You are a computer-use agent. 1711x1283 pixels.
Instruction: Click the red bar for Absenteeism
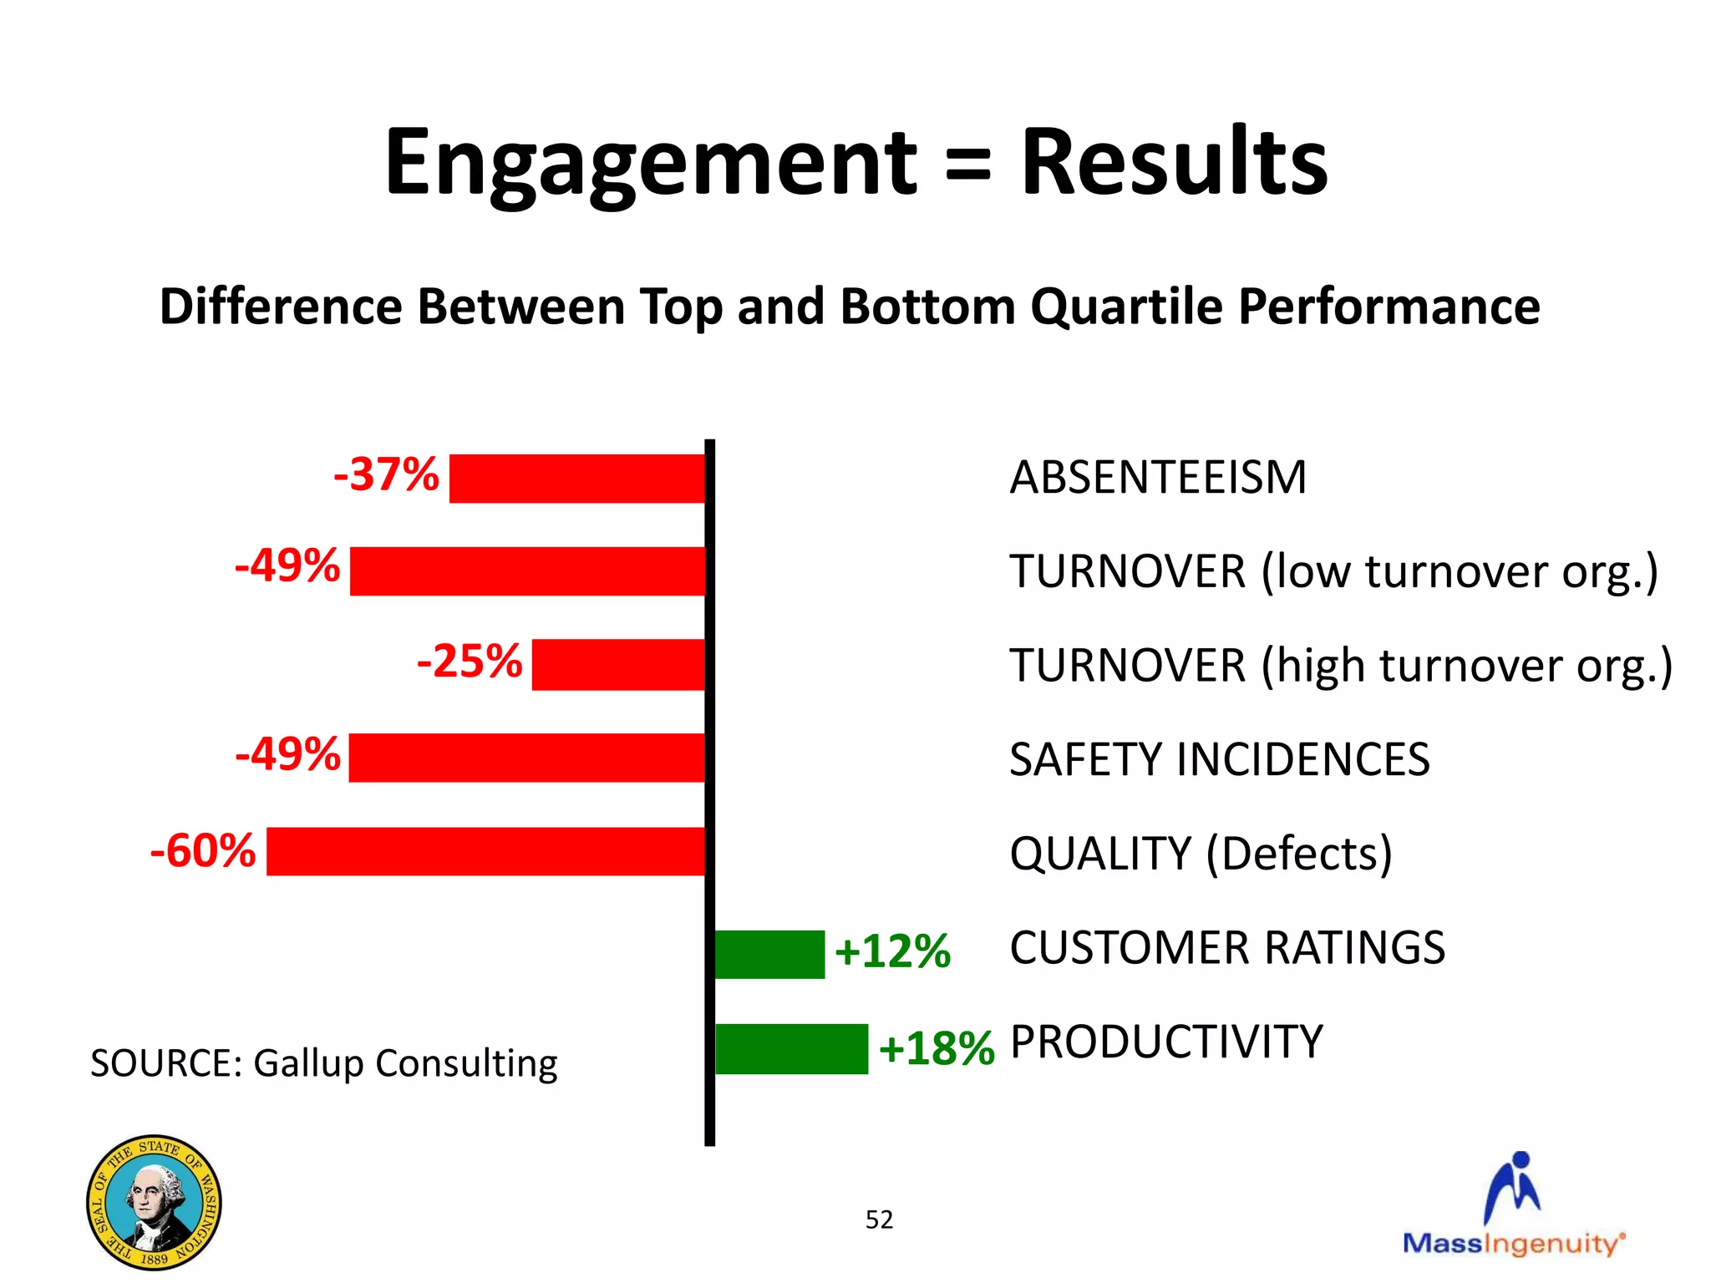(x=577, y=479)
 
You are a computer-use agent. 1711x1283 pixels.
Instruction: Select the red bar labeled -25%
(x=618, y=665)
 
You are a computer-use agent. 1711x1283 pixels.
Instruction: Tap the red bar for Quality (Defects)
(x=485, y=852)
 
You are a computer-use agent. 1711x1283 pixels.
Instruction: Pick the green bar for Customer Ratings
(x=769, y=954)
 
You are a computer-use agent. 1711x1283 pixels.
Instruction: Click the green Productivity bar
(x=791, y=1049)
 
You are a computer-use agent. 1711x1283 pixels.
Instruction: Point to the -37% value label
(x=386, y=475)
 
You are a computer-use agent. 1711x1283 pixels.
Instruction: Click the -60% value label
(x=203, y=851)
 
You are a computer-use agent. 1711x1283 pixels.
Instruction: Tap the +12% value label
(x=892, y=952)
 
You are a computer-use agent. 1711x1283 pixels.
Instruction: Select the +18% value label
(x=936, y=1049)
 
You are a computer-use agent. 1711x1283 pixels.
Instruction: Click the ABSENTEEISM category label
(x=1157, y=478)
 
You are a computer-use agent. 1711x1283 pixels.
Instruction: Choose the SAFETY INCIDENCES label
(x=1219, y=759)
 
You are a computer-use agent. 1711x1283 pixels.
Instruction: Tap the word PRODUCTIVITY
(x=1166, y=1042)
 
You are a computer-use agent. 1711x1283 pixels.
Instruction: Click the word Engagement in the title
(x=651, y=163)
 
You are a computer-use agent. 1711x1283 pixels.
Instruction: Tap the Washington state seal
(x=154, y=1202)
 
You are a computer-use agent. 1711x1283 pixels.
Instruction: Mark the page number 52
(x=879, y=1220)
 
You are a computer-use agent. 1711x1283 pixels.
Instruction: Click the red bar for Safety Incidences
(x=526, y=758)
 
